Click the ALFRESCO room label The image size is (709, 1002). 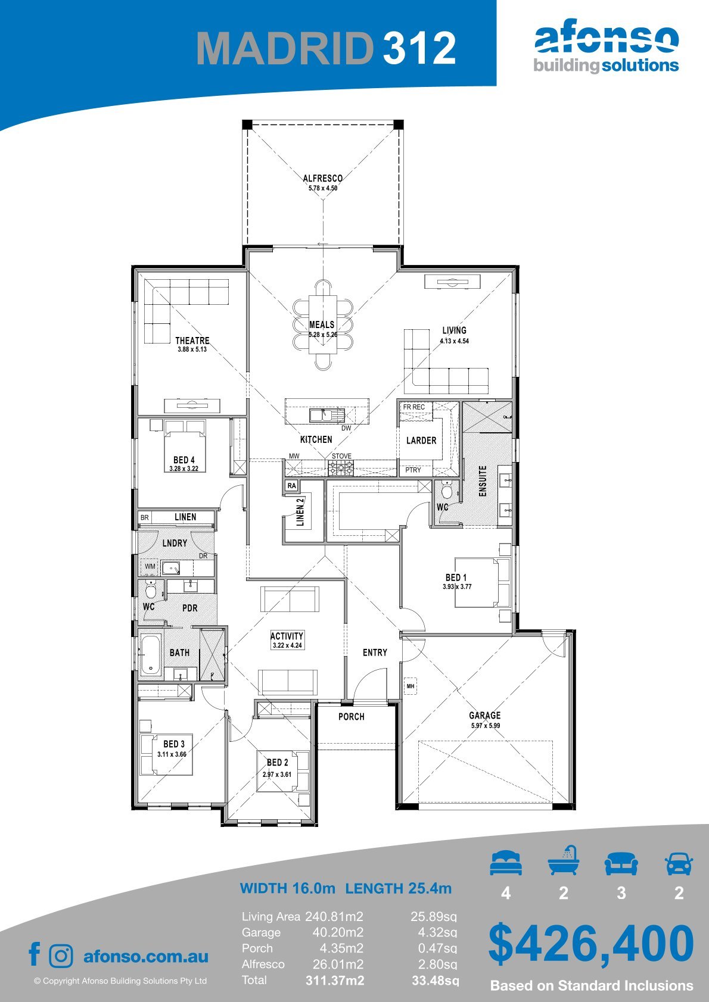tap(323, 179)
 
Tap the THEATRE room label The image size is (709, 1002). tap(192, 341)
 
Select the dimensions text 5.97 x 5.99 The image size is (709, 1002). tap(485, 726)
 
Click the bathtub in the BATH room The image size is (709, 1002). tap(150, 654)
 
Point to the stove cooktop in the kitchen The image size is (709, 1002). tap(341, 468)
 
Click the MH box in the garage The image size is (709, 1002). tap(411, 686)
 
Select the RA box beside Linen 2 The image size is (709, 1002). tap(292, 486)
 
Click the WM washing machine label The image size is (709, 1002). tap(150, 566)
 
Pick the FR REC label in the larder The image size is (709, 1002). tap(413, 407)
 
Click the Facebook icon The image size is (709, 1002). tap(35, 954)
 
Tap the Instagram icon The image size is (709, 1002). tap(60, 956)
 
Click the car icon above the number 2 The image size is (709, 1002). tap(679, 863)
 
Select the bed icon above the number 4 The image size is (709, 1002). tap(506, 863)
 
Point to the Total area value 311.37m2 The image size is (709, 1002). tap(335, 981)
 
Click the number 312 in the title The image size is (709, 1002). tap(419, 48)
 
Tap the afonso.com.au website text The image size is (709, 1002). tap(146, 956)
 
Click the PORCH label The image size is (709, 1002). tap(352, 716)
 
